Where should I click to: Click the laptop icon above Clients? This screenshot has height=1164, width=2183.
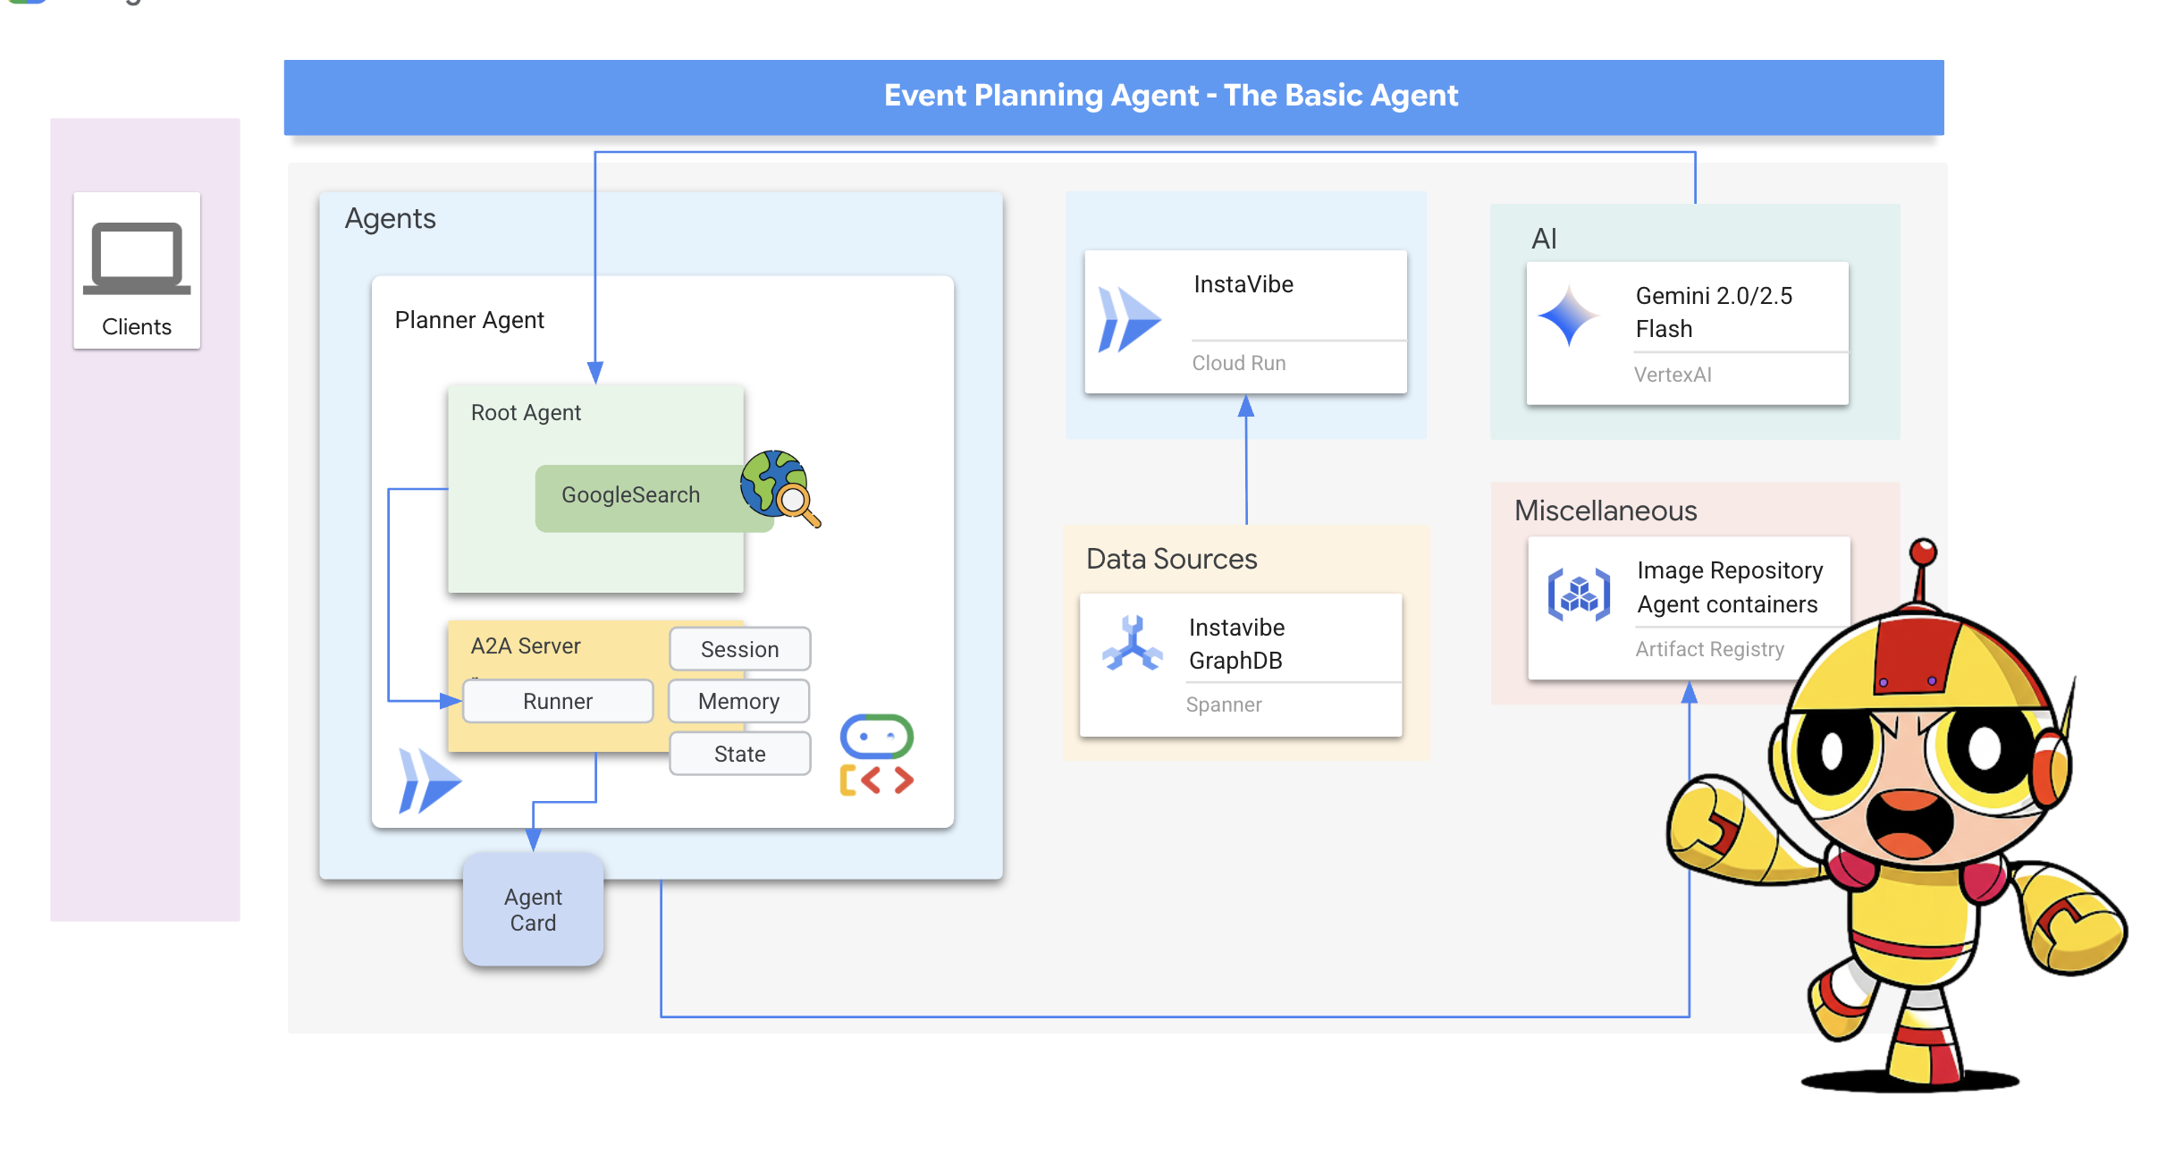[137, 257]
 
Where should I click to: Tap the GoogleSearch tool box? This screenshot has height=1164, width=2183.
[630, 496]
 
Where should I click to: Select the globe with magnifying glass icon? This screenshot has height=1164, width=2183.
[778, 486]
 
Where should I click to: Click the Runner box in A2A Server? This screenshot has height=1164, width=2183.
[558, 701]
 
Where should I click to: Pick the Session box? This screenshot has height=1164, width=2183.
[739, 649]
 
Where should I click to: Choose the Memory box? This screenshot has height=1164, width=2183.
[738, 701]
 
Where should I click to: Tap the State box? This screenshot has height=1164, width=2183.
[739, 754]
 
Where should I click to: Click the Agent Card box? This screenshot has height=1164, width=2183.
[533, 909]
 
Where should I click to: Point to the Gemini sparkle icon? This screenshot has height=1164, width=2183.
[1569, 316]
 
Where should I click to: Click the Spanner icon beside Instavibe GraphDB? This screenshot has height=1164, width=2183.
[1133, 644]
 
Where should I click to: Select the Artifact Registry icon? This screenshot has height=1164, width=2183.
[1579, 594]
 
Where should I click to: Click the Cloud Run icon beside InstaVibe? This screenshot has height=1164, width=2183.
[1128, 319]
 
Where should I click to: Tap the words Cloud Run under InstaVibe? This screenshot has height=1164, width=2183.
[1238, 363]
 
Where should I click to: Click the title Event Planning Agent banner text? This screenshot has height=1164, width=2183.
[1170, 96]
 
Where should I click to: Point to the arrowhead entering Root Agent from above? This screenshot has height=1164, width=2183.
[595, 373]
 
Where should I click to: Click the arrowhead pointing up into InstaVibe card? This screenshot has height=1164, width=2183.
[1246, 408]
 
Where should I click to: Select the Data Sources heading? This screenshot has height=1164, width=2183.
[1171, 559]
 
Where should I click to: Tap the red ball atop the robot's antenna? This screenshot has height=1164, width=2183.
[1923, 552]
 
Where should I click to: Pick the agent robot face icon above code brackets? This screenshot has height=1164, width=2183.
[876, 736]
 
